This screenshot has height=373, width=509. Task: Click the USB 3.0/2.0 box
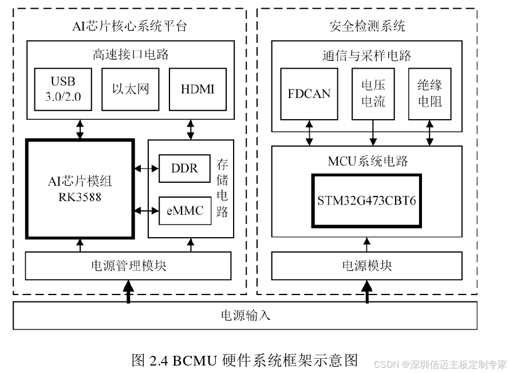coord(63,89)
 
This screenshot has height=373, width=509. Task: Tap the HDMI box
coord(197,89)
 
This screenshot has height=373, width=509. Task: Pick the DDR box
coord(184,168)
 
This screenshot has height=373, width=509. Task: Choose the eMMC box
coord(184,210)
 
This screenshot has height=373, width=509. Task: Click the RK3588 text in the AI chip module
coord(80,197)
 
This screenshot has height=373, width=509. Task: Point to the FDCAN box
coord(309,93)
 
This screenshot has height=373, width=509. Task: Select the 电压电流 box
coord(373,93)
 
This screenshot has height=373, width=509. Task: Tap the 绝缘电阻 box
coord(429,93)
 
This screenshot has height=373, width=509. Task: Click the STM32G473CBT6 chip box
coord(366,201)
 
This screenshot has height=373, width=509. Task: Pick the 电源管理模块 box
coord(129,266)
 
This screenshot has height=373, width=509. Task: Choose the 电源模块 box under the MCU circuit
coord(366,266)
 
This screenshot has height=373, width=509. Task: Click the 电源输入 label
coord(245,316)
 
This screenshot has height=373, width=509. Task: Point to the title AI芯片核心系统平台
coord(129,26)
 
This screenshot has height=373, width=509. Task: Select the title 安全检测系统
coord(367,26)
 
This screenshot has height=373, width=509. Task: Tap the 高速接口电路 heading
coord(131,55)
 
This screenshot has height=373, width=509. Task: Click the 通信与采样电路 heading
coord(366,55)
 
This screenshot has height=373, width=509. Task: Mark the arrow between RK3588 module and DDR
coord(146,168)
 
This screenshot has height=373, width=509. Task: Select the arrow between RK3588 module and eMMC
coord(146,211)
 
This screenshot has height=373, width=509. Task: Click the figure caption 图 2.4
coord(244,360)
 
